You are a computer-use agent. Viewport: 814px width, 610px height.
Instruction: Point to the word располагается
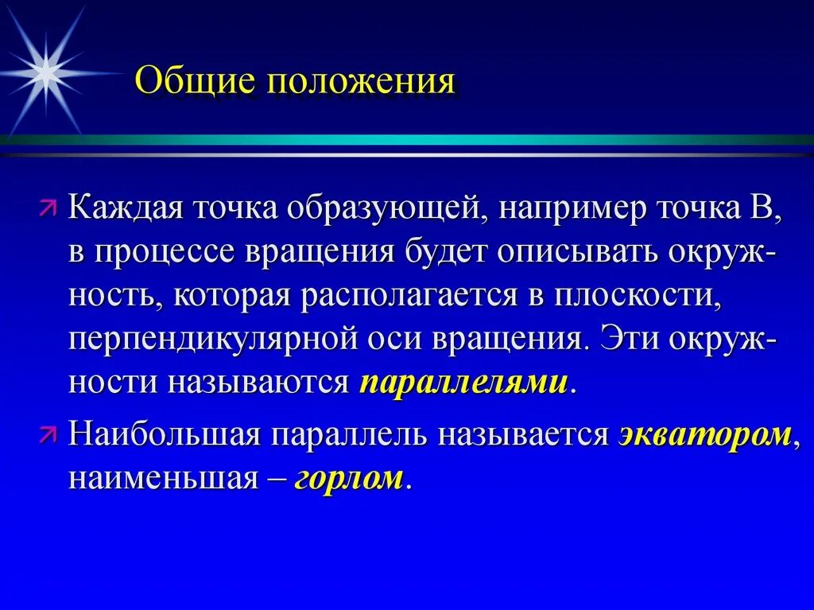(409, 296)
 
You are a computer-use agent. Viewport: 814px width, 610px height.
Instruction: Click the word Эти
(631, 338)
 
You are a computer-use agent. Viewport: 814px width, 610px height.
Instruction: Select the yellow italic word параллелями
(464, 383)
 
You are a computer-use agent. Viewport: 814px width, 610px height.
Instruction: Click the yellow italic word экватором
(704, 435)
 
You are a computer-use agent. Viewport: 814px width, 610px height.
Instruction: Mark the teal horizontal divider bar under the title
(407, 140)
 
